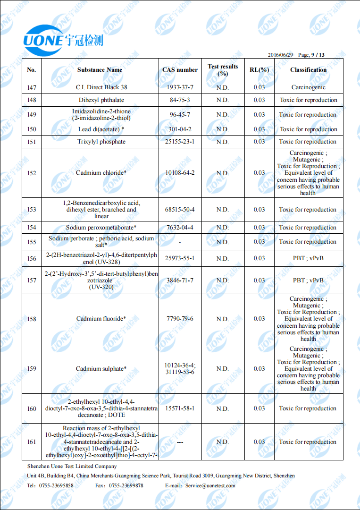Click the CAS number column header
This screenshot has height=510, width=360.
coord(180,70)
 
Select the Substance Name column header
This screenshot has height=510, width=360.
coord(100,70)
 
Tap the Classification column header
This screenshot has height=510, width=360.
coord(308,70)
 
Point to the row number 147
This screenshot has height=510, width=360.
coord(31,87)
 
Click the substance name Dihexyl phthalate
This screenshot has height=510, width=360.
coord(101,100)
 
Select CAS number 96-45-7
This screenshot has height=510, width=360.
coord(180,115)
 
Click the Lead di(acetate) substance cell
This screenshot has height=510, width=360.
coord(101,129)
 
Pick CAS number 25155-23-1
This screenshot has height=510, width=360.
coord(180,142)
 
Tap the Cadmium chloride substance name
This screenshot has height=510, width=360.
coord(101,173)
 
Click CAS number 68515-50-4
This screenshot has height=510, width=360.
coord(180,210)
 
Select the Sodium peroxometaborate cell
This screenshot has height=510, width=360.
coord(101,228)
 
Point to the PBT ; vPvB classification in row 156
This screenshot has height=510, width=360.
coord(308,258)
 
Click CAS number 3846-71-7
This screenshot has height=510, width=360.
coord(180,280)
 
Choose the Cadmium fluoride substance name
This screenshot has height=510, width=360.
coord(101,319)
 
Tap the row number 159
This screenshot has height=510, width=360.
coord(31,369)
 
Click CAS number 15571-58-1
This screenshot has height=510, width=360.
coord(180,408)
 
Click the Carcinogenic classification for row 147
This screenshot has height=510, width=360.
coord(308,87)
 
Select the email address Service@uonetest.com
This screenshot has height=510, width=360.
coord(210,485)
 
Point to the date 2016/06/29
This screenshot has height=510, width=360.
coord(280,55)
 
